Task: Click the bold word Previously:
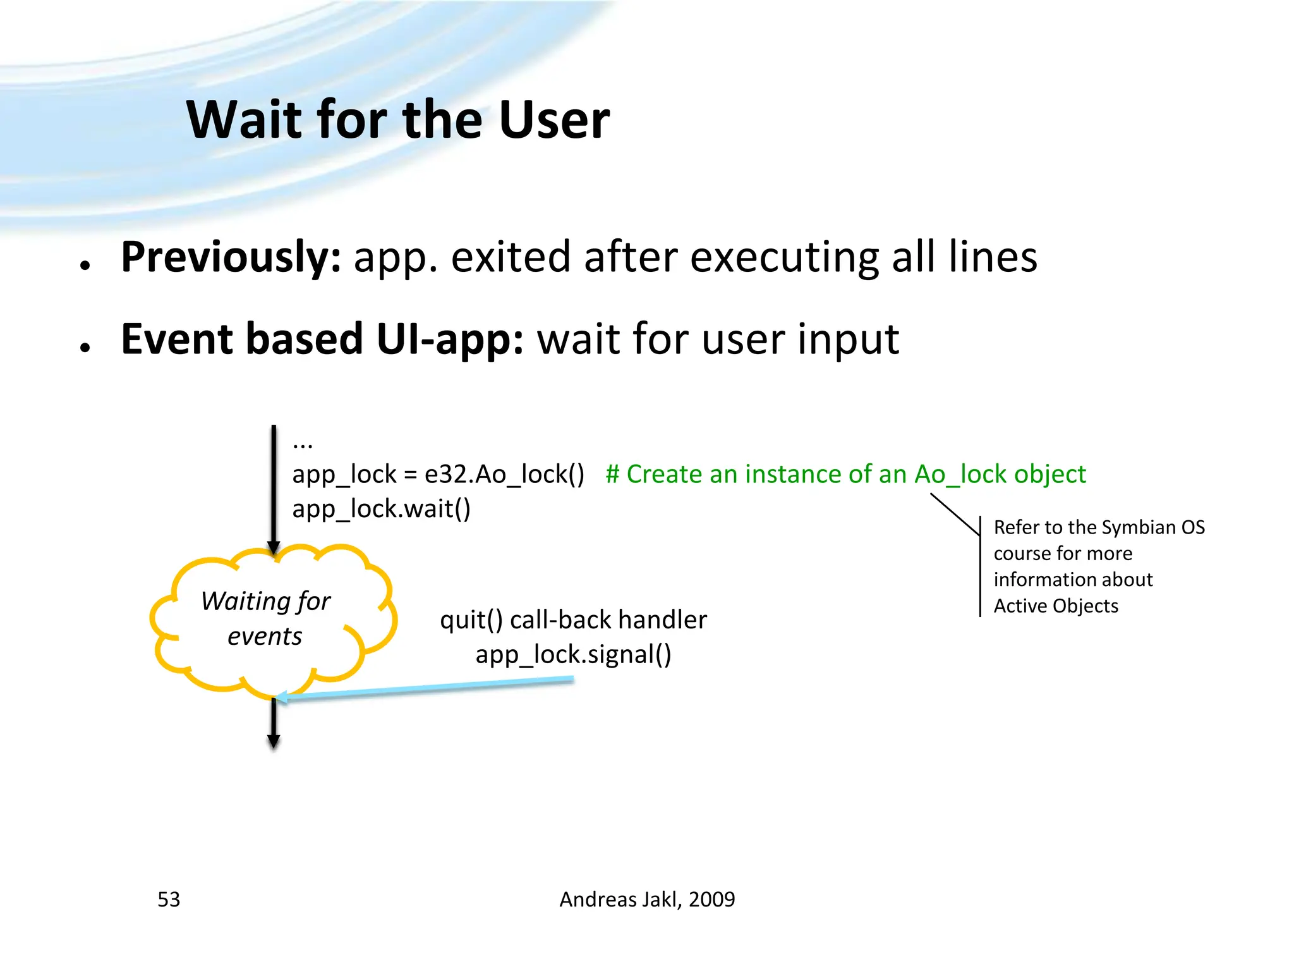click(231, 257)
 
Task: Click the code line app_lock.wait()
click(381, 509)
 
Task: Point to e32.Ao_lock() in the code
click(504, 474)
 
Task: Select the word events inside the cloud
click(265, 636)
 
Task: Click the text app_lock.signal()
click(573, 654)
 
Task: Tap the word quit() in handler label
click(471, 620)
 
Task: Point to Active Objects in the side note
click(1056, 606)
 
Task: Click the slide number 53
click(169, 899)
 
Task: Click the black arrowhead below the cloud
click(274, 741)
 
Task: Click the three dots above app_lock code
click(303, 445)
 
